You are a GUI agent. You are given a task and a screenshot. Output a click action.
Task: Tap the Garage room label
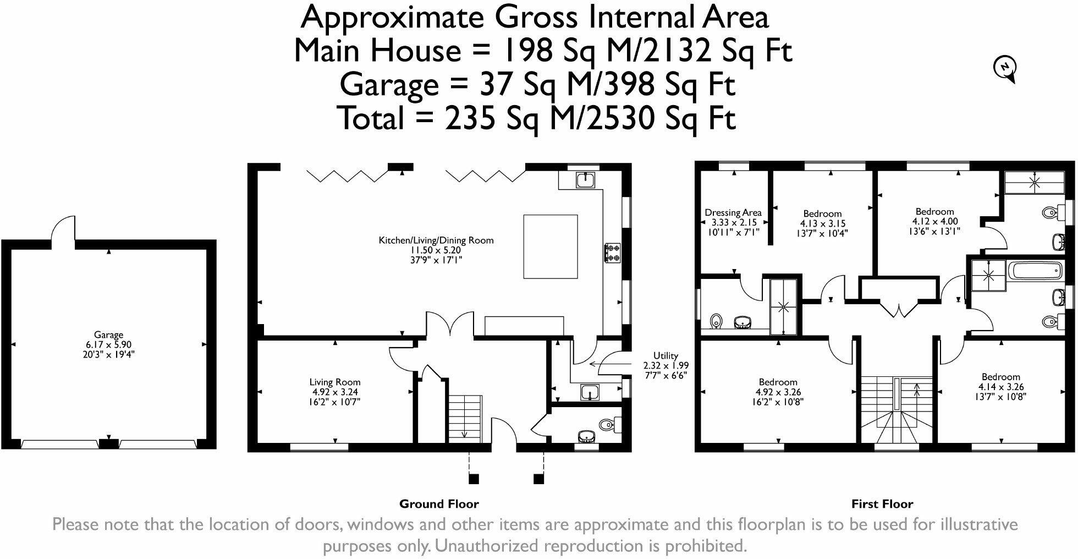click(x=108, y=335)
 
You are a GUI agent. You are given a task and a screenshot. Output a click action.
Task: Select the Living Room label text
click(x=335, y=382)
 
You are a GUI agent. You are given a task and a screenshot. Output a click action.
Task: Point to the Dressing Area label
click(x=733, y=212)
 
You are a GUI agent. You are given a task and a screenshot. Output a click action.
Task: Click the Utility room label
click(x=665, y=355)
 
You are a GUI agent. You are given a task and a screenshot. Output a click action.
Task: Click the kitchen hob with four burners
click(x=613, y=252)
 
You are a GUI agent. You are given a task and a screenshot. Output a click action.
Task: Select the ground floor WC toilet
click(x=608, y=424)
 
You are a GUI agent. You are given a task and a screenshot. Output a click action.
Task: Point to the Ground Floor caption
click(x=439, y=504)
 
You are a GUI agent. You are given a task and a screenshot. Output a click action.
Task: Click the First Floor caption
click(x=882, y=504)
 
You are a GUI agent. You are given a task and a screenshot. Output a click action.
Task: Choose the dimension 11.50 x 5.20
click(x=436, y=250)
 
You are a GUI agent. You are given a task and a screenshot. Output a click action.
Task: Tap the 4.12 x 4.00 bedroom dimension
click(x=934, y=221)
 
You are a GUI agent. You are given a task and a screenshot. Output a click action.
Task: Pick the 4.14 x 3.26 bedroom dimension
click(x=1000, y=387)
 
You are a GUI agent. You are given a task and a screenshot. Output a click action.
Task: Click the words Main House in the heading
click(x=377, y=51)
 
